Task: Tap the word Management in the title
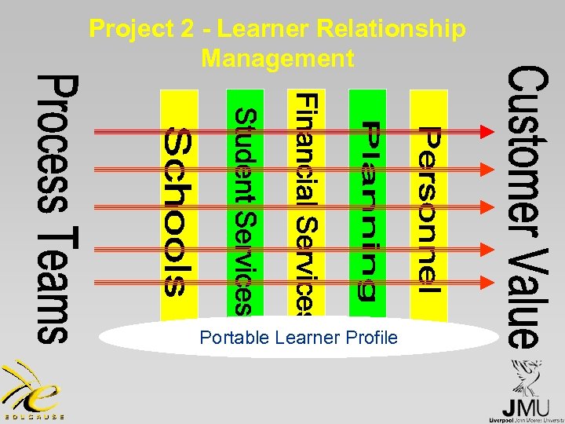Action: coord(278,57)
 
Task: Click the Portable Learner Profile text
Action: coord(298,338)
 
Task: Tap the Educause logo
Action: coord(31,392)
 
